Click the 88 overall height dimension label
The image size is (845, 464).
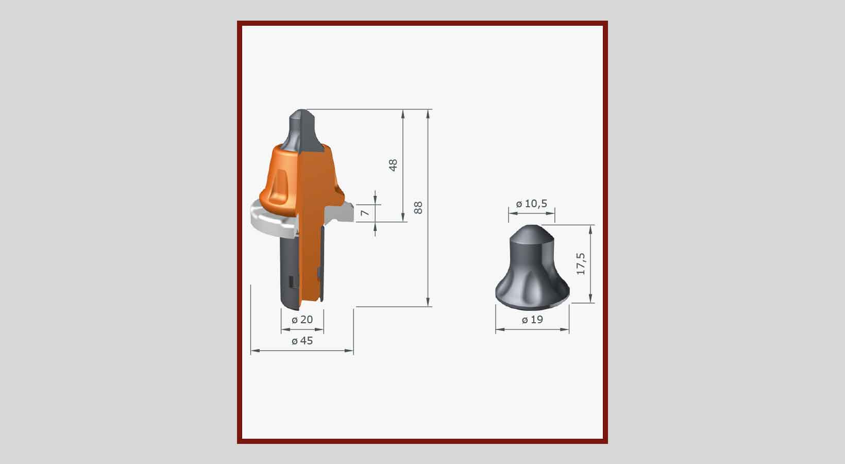pos(418,208)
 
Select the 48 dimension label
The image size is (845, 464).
pos(393,165)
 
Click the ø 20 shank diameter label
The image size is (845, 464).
pos(302,320)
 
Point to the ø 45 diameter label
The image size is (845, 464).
pos(302,341)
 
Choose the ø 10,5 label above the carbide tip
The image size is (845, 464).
pos(532,204)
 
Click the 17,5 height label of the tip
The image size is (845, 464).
pos(581,264)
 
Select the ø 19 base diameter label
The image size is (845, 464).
pos(532,320)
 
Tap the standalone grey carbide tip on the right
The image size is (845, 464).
pos(532,268)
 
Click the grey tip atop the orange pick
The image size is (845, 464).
pos(303,130)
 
